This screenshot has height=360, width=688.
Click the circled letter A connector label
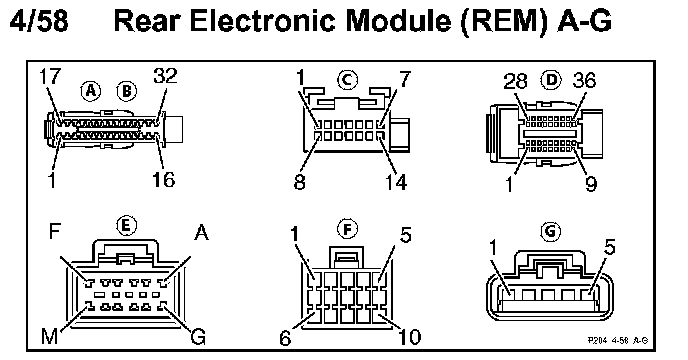click(x=90, y=91)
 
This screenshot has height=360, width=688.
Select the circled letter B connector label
click(x=127, y=91)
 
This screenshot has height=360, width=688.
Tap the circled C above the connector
click(x=348, y=80)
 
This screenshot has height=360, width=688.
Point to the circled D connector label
click(x=551, y=79)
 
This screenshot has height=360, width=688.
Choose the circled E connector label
click(x=126, y=226)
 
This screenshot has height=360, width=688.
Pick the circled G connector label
click(x=551, y=231)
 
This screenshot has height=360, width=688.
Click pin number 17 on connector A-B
click(x=49, y=76)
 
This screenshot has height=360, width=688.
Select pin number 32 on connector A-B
click(x=165, y=76)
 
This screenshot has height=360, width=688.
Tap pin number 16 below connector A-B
click(x=163, y=179)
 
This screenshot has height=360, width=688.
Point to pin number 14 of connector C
click(x=395, y=182)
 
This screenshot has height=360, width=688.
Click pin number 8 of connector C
click(x=299, y=181)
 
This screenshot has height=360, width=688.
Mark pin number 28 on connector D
click(x=515, y=82)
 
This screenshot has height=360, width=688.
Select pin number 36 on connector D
click(x=584, y=80)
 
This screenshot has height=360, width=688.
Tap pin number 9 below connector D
click(x=591, y=184)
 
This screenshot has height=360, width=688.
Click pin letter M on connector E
click(x=49, y=337)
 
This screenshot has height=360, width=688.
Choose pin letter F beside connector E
click(x=54, y=231)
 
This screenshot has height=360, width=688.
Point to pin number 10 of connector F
click(x=409, y=337)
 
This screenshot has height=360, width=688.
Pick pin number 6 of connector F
click(x=285, y=338)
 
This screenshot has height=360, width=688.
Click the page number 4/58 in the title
click(x=39, y=21)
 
